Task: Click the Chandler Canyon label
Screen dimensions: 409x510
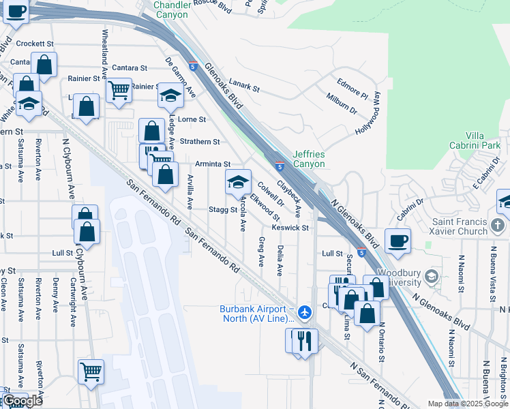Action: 173,9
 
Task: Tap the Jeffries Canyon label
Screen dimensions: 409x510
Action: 309,159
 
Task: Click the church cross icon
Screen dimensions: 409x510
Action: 499,225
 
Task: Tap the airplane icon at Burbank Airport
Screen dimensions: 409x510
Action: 304,312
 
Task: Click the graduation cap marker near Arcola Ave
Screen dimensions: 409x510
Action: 237,182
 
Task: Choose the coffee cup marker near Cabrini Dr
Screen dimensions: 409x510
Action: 397,240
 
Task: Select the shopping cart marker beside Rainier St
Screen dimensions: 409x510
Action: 118,89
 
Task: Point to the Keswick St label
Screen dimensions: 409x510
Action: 290,228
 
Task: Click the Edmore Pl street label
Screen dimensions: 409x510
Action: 352,89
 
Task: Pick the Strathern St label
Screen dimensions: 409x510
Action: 200,142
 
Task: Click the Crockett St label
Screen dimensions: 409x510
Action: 35,43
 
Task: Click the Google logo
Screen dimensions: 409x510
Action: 22,402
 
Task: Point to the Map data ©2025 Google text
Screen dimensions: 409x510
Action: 467,404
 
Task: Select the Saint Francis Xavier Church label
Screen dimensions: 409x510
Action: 461,226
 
